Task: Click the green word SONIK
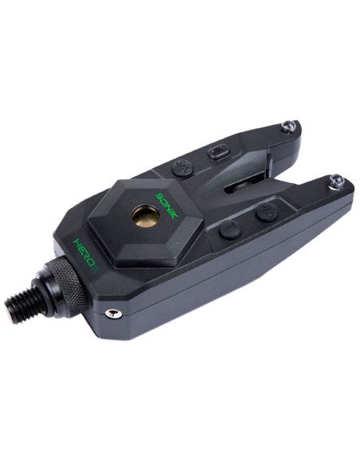coord(167,205)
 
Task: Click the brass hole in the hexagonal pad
coord(146,216)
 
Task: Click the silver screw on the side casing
coord(114,314)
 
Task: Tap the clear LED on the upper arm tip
coord(288,126)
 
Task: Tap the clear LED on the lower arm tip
coord(336,182)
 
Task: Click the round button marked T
coord(230,230)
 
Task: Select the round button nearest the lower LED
coord(267,213)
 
